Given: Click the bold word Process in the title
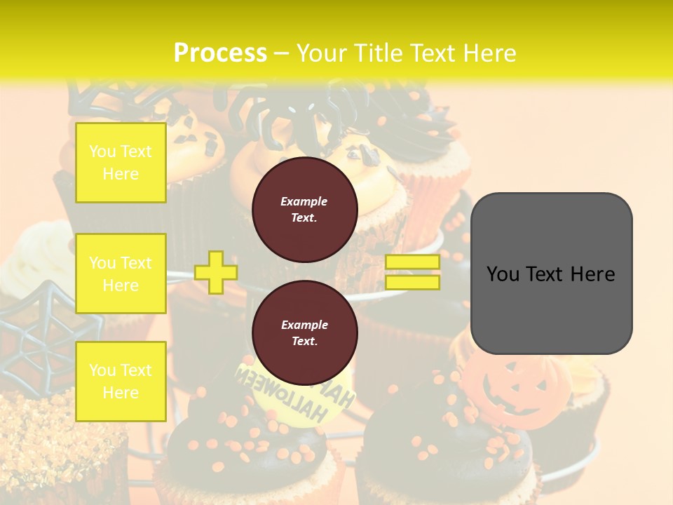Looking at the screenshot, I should coord(220,53).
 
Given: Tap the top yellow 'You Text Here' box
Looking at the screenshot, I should coord(121,163).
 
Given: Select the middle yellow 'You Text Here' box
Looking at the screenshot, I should coord(121,274).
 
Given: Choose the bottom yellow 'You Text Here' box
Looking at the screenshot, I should coord(121,381).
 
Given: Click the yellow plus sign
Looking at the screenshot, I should coord(216,272).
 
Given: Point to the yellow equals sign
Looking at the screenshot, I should coord(413,272).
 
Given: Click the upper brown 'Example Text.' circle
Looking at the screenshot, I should coord(305,210).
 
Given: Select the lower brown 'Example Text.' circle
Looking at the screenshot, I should coord(305,333).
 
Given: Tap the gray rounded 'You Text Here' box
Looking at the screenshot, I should coord(552,274).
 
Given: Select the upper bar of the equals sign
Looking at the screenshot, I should coord(413,262).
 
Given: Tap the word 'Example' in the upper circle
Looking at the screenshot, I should coord(304,201).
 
